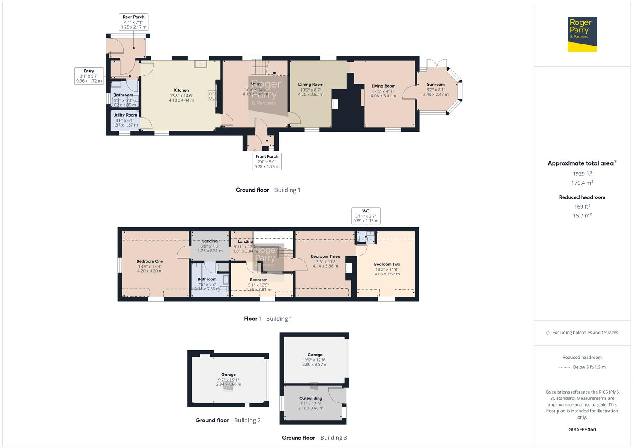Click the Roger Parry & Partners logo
[582, 34]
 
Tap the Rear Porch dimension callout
[133, 22]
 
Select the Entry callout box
[89, 76]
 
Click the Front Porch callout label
[267, 161]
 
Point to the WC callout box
[366, 216]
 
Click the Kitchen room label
[182, 90]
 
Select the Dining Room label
[310, 85]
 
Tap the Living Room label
[383, 86]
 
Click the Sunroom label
[436, 85]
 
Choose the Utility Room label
[125, 115]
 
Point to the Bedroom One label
[150, 261]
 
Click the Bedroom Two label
[387, 265]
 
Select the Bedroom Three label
[325, 256]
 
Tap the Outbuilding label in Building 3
[310, 399]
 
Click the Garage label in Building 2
[228, 375]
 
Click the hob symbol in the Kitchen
[212, 96]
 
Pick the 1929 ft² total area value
[582, 174]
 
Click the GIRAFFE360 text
[582, 429]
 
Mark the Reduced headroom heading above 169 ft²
[582, 197]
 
